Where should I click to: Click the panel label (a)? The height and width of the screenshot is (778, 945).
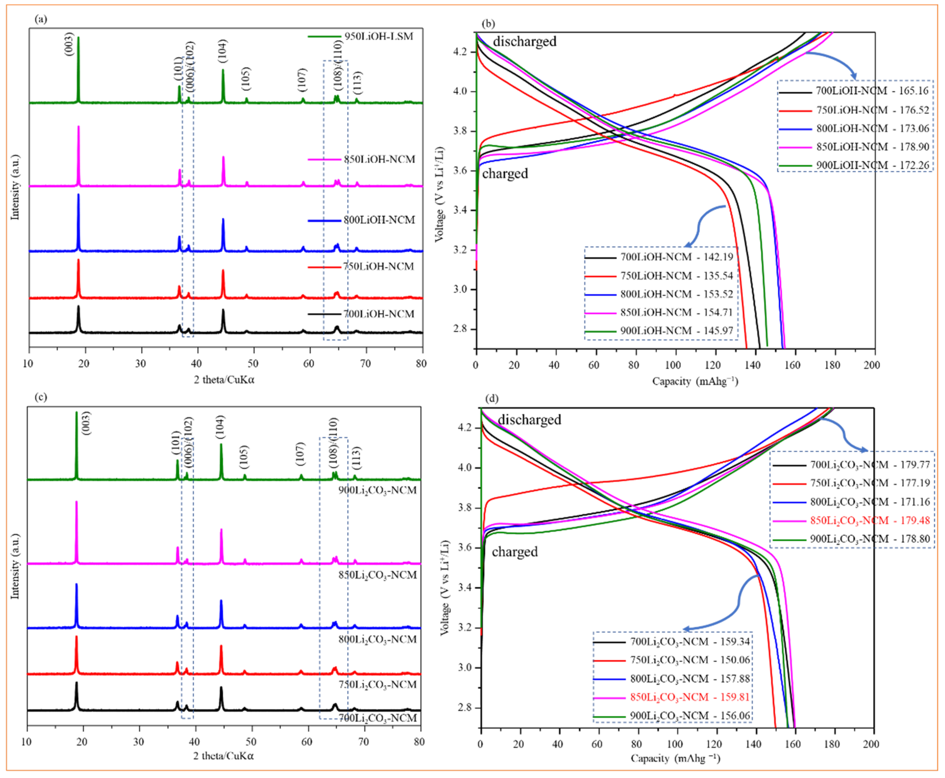pyautogui.click(x=41, y=19)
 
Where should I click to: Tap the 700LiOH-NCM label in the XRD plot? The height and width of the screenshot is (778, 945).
pyautogui.click(x=379, y=314)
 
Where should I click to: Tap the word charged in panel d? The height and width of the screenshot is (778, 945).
pyautogui.click(x=515, y=552)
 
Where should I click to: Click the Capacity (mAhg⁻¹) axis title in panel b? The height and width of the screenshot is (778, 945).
pyautogui.click(x=695, y=381)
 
